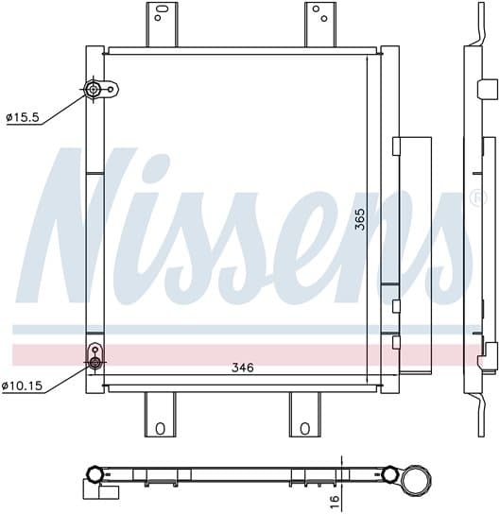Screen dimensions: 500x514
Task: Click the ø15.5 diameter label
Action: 23,117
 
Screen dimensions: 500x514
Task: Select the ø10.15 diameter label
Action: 22,385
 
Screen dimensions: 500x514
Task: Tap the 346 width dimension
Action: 243,368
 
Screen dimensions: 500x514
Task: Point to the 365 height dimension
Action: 360,219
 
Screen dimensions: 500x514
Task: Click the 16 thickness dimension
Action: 334,502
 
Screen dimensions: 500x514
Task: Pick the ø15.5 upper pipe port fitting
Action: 94,89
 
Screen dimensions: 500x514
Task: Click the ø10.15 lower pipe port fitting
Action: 95,362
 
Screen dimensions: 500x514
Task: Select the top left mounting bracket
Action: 162,25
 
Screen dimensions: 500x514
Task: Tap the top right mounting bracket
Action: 320,25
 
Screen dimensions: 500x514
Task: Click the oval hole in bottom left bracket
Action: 160,428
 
